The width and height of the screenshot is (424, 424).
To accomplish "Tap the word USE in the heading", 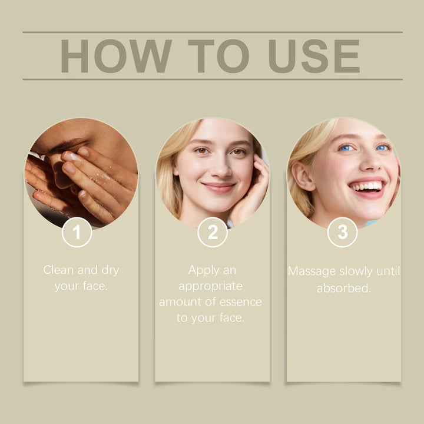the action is click(314, 56).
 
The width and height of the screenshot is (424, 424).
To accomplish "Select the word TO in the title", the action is click(218, 56).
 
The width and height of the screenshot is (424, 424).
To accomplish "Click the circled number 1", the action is click(77, 232).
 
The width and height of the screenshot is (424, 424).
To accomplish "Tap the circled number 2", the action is click(213, 232).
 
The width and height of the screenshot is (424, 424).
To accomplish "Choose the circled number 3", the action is click(342, 232).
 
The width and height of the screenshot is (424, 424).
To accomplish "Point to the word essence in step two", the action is click(241, 302).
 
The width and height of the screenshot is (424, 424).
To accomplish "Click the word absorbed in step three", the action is click(344, 288).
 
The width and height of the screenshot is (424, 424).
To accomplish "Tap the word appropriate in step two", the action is click(210, 287).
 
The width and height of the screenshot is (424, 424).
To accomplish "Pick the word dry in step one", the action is click(110, 270).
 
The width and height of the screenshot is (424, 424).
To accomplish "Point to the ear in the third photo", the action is click(303, 175).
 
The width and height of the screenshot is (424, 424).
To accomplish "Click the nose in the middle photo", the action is click(221, 168).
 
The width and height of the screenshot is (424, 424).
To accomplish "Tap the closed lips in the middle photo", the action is click(219, 187).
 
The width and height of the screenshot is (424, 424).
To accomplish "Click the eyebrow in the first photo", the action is click(68, 144).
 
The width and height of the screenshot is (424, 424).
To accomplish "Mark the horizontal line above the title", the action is click(213, 32).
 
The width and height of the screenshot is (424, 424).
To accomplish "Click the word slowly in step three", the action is click(356, 271).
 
